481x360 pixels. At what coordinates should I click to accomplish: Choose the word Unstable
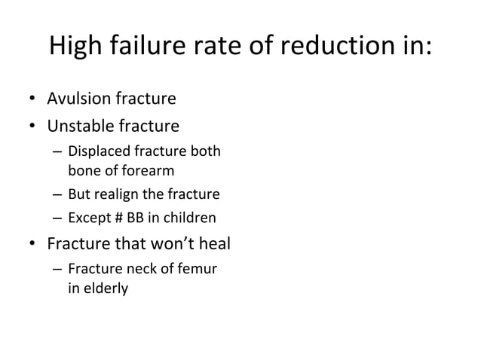coord(78,124)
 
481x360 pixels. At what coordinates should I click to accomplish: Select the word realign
coord(118,194)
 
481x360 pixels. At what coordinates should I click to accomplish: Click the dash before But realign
coord(57,195)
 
